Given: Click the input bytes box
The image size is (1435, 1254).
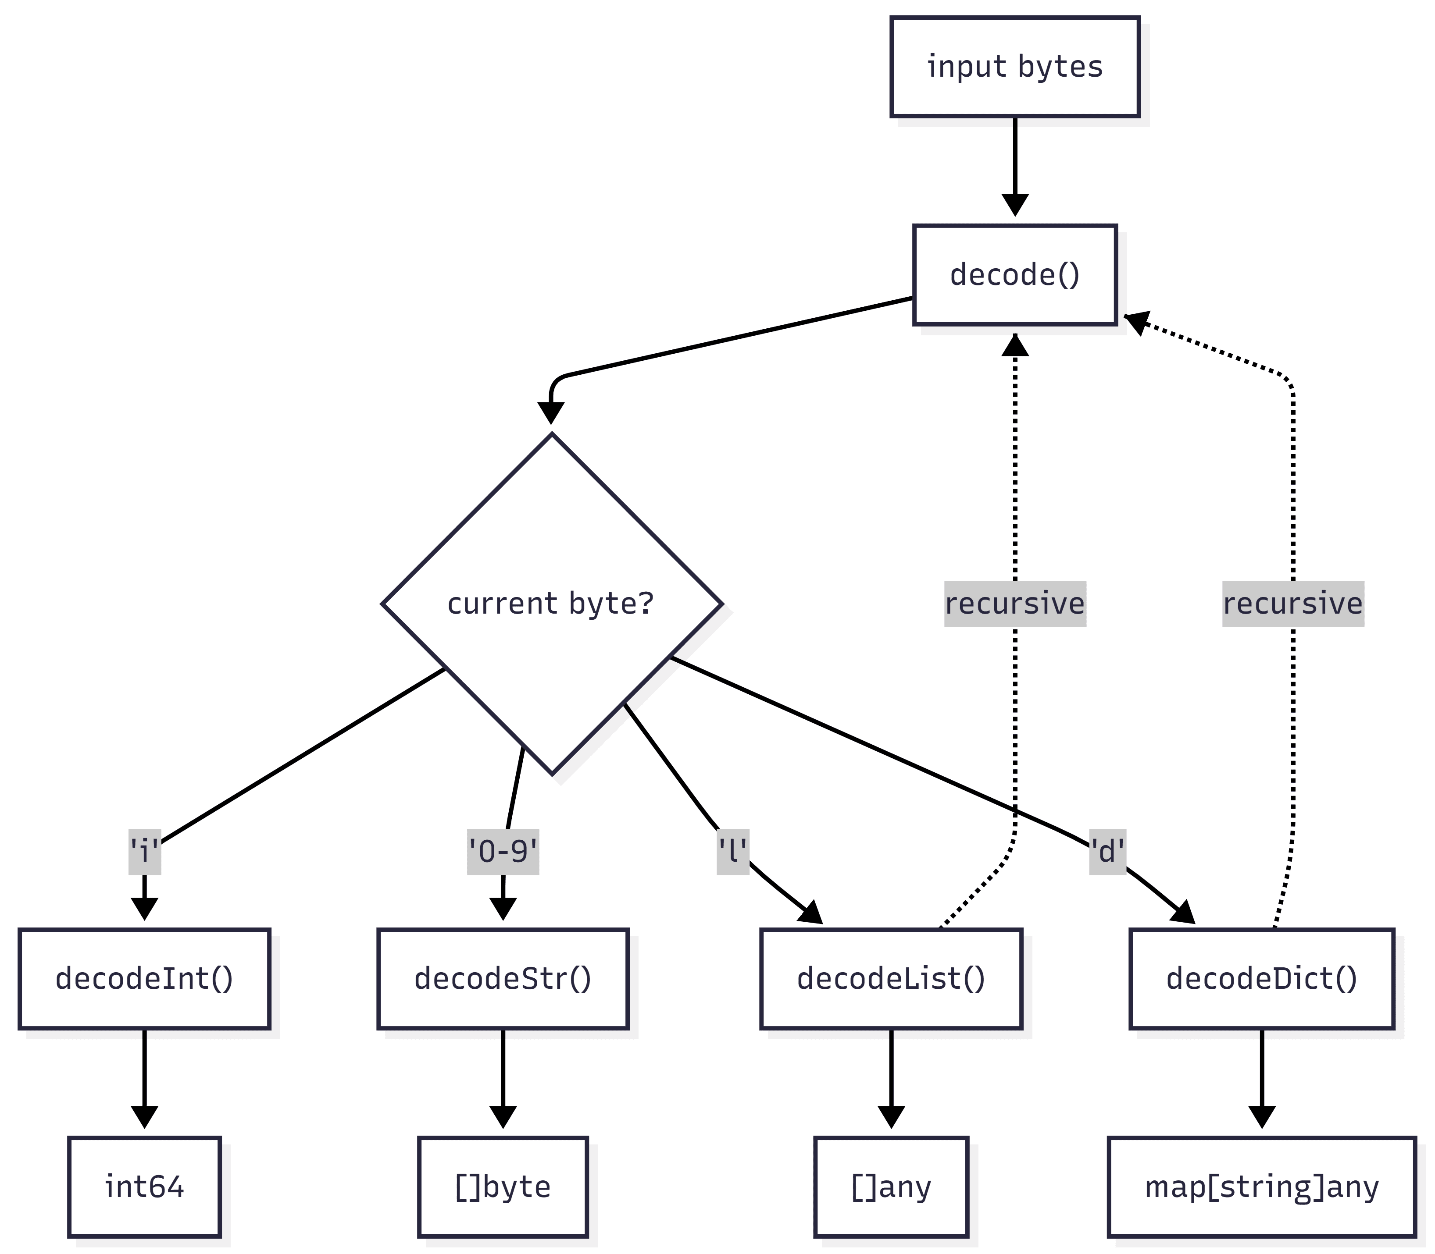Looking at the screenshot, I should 1014,67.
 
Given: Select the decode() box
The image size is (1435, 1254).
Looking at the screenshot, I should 1014,274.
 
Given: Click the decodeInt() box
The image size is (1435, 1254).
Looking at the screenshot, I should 144,978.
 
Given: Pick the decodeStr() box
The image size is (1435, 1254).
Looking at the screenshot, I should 503,978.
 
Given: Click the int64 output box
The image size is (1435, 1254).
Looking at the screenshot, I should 144,1187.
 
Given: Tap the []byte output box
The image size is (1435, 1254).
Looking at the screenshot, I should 503,1187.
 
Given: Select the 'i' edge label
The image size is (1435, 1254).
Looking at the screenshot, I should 144,852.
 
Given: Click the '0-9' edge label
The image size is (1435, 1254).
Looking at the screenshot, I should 503,852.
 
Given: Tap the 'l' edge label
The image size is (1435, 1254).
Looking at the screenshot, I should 732,852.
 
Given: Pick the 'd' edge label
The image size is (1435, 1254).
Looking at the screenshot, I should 1107,852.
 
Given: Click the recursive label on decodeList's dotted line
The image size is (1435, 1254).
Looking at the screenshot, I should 1014,603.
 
